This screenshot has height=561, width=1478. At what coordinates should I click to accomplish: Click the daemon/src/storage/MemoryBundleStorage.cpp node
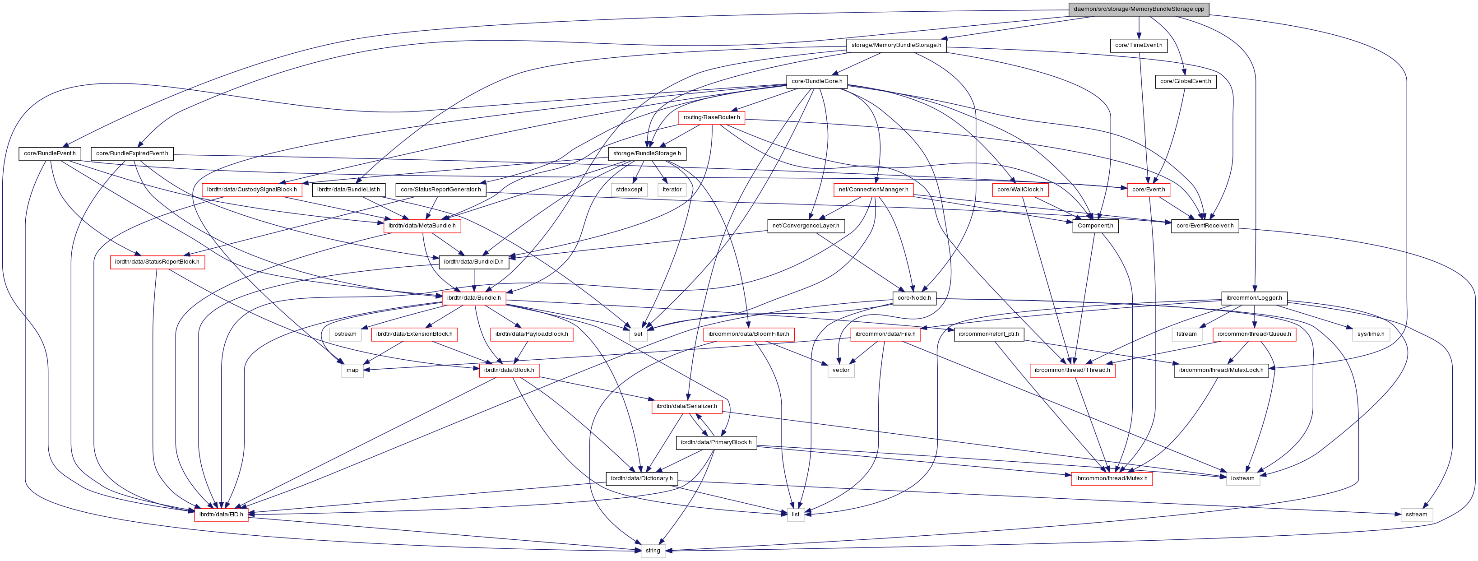click(1138, 9)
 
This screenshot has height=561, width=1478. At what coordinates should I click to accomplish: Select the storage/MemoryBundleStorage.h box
click(896, 45)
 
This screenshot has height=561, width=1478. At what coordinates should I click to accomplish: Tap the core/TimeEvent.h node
click(1138, 45)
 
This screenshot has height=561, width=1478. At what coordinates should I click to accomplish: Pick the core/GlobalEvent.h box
click(1186, 81)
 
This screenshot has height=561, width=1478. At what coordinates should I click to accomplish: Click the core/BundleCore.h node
click(816, 81)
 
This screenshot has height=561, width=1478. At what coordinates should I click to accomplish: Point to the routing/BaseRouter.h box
click(711, 118)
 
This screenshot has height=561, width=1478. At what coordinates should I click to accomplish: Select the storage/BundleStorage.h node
click(647, 154)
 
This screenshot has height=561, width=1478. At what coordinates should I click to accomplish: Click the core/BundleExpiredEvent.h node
click(132, 154)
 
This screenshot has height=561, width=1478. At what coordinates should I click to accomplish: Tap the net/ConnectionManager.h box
click(873, 190)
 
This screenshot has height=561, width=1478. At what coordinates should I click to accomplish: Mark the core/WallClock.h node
click(1019, 190)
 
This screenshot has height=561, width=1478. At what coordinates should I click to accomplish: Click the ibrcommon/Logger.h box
click(1254, 298)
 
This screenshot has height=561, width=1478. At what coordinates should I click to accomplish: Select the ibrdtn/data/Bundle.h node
click(473, 298)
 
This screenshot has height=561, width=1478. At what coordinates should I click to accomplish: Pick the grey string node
click(653, 551)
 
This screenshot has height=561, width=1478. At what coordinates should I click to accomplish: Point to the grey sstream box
click(1416, 515)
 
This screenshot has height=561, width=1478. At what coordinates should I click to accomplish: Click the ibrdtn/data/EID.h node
click(221, 515)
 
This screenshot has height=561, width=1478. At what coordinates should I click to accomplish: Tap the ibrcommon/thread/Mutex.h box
click(1112, 478)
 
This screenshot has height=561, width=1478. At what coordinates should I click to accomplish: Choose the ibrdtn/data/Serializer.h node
click(686, 406)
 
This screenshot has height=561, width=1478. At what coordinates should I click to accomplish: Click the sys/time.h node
click(1371, 334)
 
